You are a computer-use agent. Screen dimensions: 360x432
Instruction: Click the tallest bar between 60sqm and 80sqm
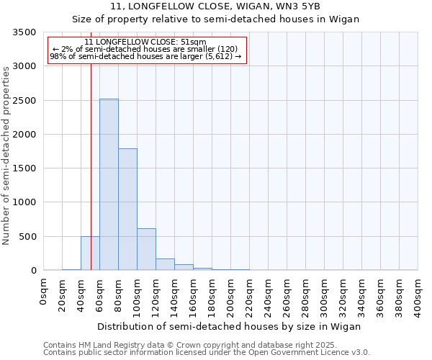click(109, 184)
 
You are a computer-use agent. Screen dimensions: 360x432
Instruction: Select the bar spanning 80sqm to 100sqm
click(127, 209)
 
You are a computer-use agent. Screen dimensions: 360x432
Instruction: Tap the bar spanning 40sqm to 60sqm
click(90, 253)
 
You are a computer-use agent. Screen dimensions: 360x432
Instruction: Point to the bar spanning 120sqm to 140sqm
click(165, 264)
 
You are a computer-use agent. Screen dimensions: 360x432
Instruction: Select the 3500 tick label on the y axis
click(24, 32)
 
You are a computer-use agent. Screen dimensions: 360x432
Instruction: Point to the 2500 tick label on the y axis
click(24, 101)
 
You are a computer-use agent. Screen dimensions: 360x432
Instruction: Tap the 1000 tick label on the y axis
click(24, 202)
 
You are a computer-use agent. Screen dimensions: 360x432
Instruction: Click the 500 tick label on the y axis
click(27, 236)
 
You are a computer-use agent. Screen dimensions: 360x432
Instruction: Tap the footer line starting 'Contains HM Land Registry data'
click(206, 345)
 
